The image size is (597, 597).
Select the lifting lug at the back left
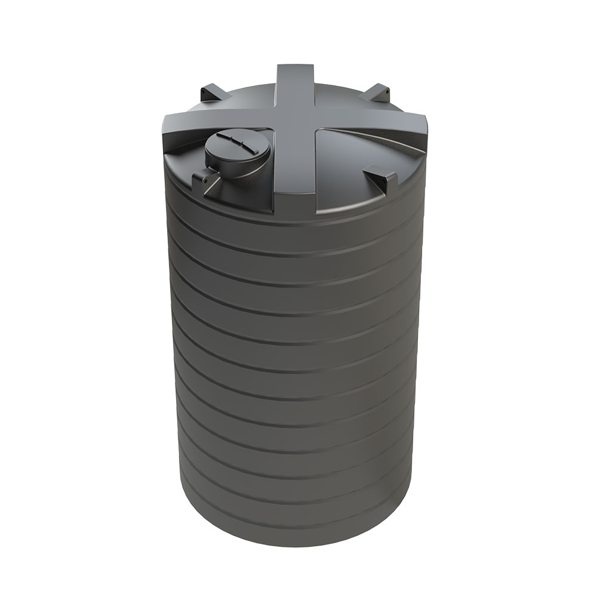tap(209, 92)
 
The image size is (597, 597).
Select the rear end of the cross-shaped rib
tap(297, 75)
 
